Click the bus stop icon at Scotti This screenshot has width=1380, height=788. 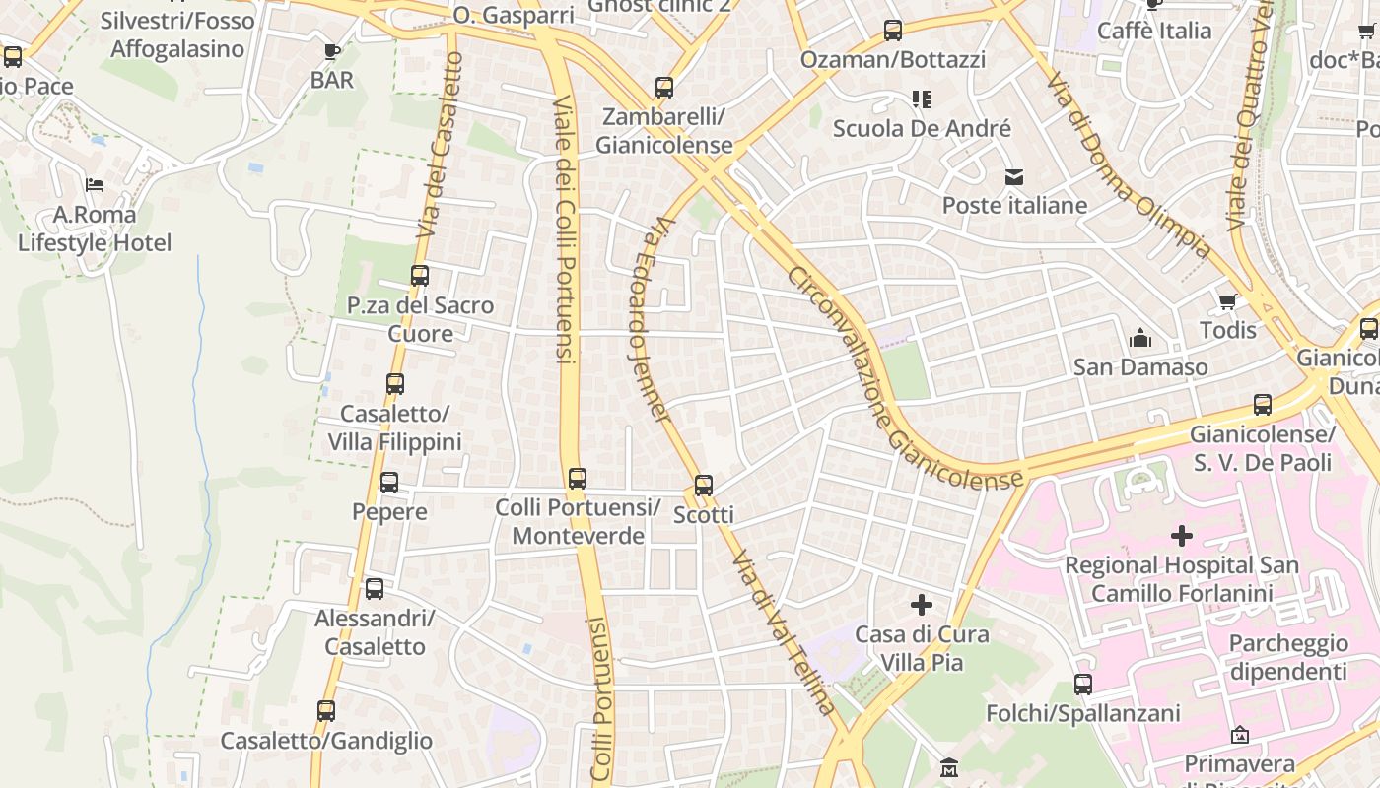(703, 485)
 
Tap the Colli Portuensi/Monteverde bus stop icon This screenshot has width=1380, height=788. (578, 479)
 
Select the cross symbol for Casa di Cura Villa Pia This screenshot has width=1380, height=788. (922, 604)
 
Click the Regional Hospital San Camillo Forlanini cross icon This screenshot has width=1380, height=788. (1181, 536)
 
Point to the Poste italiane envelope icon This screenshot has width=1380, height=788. (1013, 177)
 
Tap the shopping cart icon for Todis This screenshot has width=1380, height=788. (1227, 302)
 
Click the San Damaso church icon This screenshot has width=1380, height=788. (1140, 339)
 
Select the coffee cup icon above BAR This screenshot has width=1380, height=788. (332, 51)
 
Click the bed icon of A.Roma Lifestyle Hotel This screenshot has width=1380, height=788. (95, 184)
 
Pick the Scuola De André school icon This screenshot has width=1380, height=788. (922, 99)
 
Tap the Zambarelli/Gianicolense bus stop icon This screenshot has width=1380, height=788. (664, 88)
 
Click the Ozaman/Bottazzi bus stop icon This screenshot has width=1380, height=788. (893, 31)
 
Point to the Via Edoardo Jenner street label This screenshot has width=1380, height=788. (650, 320)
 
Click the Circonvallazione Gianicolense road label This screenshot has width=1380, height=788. (902, 379)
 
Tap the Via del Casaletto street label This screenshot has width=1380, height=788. (441, 145)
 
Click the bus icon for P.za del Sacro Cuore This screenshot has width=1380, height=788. (420, 276)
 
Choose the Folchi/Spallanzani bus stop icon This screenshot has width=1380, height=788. (1083, 684)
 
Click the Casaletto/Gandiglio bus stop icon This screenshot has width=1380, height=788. (326, 711)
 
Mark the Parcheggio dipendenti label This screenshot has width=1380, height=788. (1287, 657)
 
